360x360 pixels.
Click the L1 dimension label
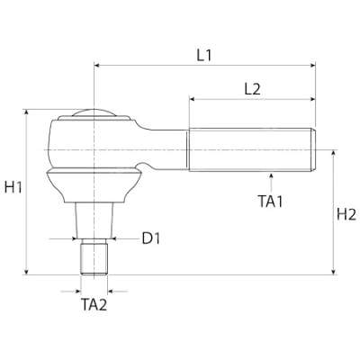203,54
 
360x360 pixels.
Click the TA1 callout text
269,202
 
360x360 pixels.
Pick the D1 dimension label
150,238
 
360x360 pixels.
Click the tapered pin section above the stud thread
94,220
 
